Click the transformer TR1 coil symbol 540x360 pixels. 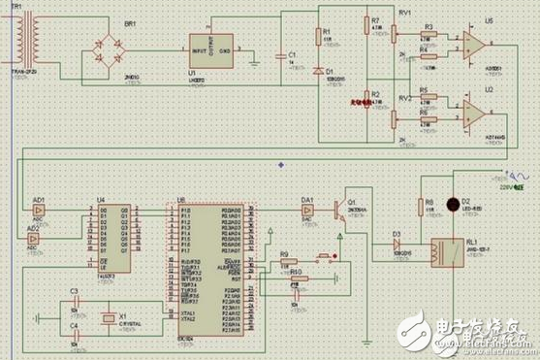[22, 37]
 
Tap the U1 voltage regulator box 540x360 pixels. [210, 49]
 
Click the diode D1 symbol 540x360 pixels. [320, 72]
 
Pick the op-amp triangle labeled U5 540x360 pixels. [474, 45]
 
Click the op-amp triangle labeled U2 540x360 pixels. [474, 115]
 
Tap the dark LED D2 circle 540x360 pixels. [452, 205]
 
